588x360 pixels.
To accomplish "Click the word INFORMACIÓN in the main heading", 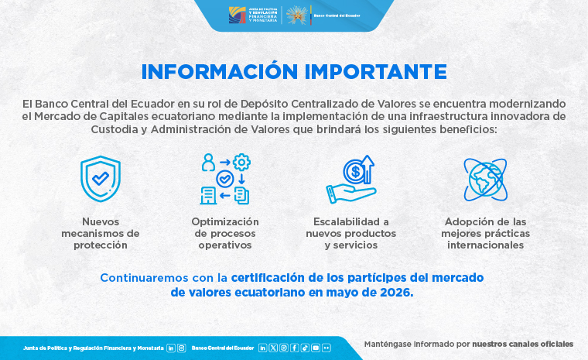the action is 220,71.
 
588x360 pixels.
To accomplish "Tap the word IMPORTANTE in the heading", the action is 376,72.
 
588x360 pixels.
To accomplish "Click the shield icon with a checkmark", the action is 101,179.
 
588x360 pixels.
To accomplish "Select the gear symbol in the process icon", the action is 241,162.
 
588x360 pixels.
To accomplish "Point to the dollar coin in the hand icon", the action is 354,172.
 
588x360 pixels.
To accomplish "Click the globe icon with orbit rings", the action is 485,180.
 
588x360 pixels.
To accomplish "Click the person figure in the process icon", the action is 208,163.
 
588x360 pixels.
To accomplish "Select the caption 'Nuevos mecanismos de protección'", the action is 101,233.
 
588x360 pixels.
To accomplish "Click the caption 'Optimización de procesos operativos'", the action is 225,233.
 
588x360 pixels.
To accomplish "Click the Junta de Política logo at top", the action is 253,15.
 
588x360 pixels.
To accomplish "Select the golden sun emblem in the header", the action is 296,15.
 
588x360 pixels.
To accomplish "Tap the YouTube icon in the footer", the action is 316,348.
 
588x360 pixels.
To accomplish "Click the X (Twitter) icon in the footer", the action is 273,348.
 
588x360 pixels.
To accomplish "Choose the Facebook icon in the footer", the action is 294,348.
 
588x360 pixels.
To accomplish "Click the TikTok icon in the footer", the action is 305,348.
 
